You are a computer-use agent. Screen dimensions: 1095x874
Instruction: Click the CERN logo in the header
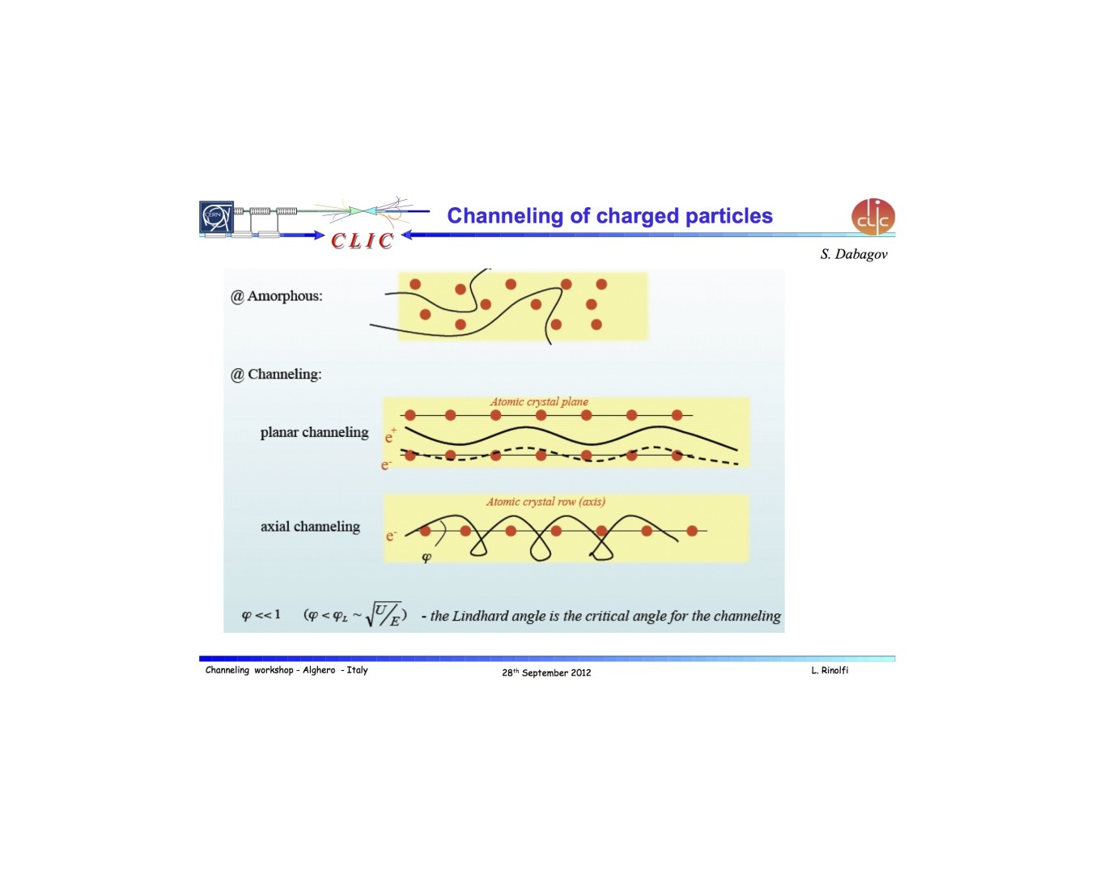[x=216, y=217]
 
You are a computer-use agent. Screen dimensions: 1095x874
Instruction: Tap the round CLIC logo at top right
[x=872, y=217]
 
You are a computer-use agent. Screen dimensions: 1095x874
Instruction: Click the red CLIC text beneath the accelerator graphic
[x=363, y=241]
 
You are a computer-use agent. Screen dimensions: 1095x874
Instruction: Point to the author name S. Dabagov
[x=853, y=254]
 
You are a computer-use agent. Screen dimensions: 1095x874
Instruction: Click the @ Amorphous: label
[x=276, y=296]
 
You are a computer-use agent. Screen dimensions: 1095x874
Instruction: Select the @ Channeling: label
[x=276, y=375]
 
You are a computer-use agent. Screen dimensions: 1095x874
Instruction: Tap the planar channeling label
[x=315, y=432]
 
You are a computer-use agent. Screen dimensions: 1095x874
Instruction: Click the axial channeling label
[x=311, y=527]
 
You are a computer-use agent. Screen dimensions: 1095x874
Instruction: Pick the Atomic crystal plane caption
[x=539, y=402]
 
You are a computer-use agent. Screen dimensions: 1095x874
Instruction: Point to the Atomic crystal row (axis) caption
[x=545, y=502]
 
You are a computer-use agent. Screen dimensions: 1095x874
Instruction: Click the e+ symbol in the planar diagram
[x=390, y=435]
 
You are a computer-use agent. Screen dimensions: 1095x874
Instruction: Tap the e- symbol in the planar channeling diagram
[x=387, y=465]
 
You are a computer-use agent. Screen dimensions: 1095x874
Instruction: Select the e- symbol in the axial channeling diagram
[x=391, y=535]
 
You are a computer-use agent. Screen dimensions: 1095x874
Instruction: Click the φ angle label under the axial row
[x=427, y=557]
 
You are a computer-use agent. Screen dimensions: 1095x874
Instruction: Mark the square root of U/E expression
[x=383, y=613]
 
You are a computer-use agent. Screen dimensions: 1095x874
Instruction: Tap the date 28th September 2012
[x=546, y=672]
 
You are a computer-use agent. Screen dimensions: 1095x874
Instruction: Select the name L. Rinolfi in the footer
[x=830, y=671]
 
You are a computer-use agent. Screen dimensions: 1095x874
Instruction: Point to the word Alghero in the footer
[x=319, y=670]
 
